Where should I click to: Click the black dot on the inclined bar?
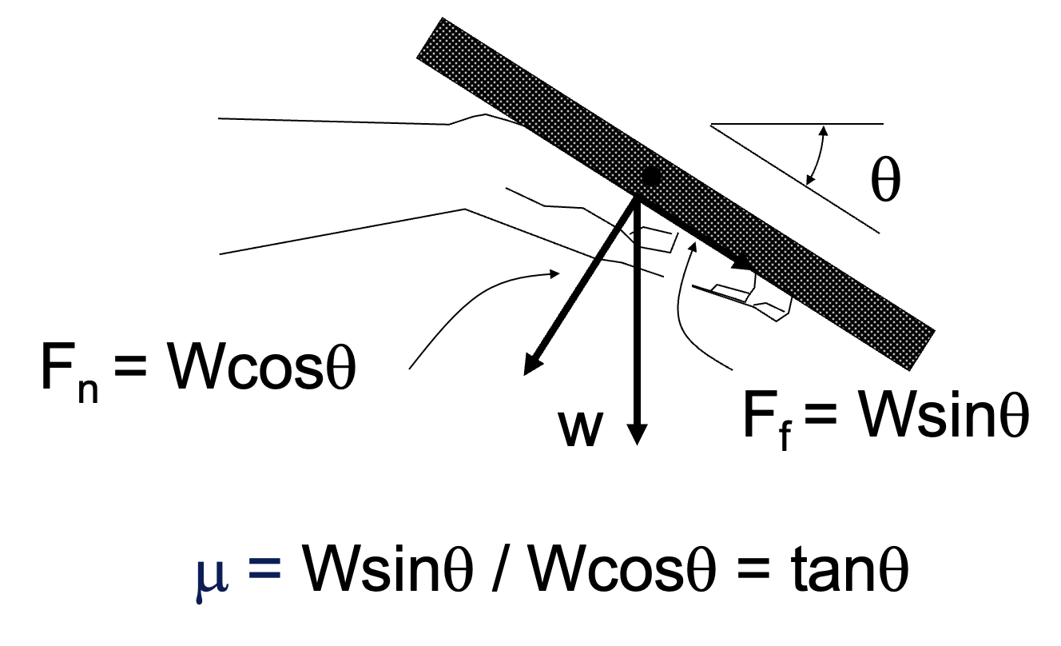(651, 177)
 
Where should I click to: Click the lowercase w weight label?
(580, 429)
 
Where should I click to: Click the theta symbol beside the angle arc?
(885, 183)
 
